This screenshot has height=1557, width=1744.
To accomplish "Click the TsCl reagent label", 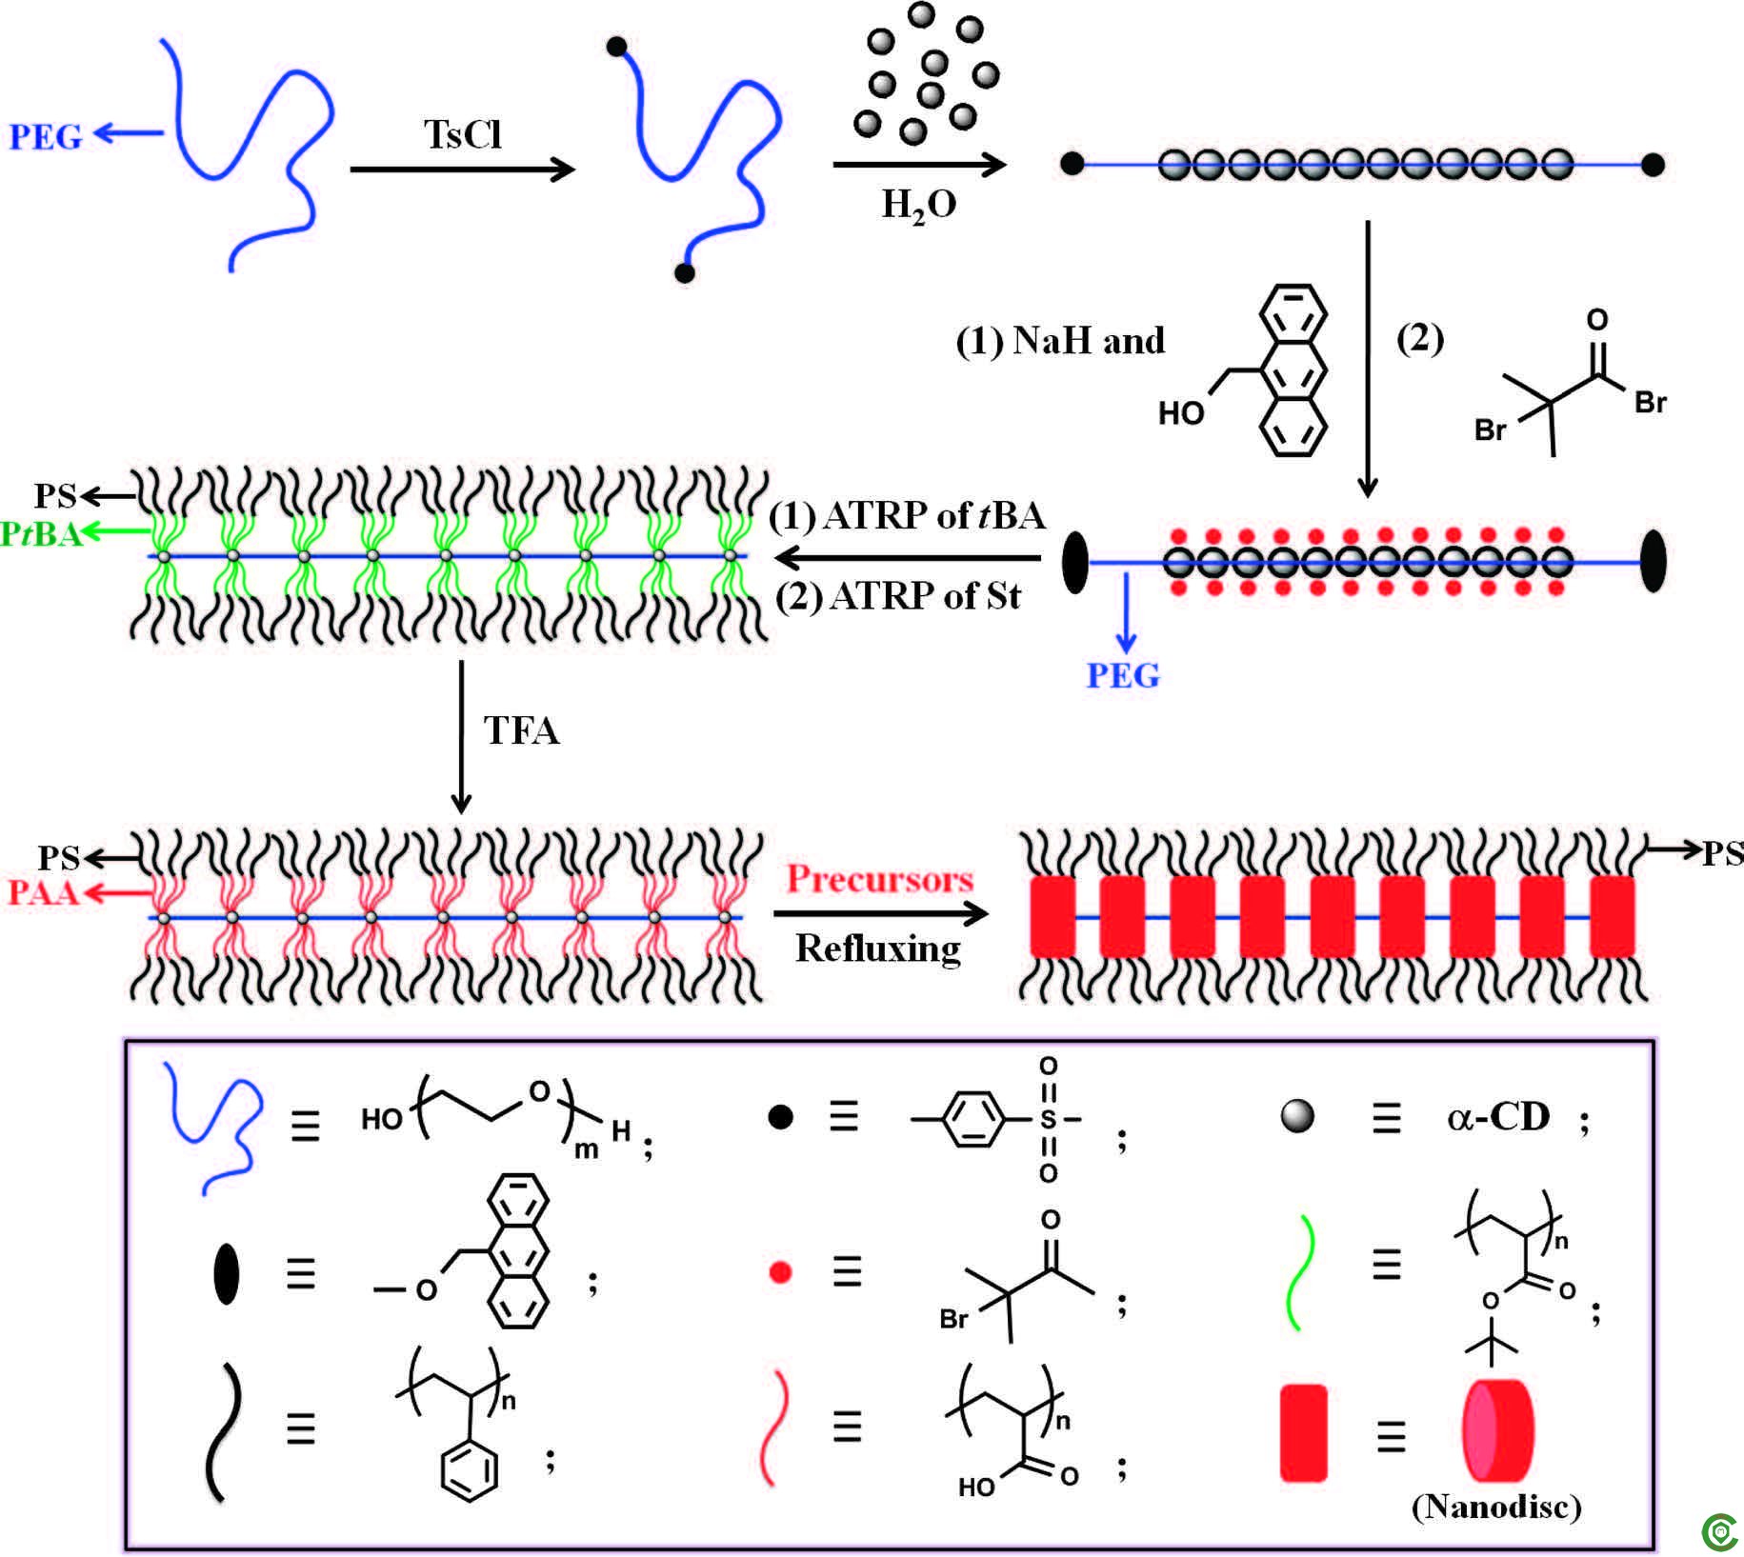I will pos(463,135).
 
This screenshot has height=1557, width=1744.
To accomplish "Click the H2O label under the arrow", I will pos(919,205).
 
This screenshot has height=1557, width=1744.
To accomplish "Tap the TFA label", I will pos(521,731).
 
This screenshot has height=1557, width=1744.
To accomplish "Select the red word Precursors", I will pos(879,878).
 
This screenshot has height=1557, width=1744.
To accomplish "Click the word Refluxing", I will pos(878,948).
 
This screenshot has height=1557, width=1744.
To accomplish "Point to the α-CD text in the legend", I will pos(1499,1116).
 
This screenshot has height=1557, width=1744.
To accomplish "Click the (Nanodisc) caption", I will pos(1496,1506).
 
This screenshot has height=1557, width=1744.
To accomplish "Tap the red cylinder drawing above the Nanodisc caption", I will pos(1498,1430).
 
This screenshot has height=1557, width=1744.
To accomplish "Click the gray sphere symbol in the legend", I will pos(1297,1116).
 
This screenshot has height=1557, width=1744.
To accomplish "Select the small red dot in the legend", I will pos(780,1272).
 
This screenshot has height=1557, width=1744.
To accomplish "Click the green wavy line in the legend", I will pos(1301,1271).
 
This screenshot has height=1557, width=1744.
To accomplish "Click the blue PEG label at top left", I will pos(46,136).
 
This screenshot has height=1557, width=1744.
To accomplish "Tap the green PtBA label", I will pos(41,534).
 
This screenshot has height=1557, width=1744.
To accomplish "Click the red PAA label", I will pos(42,892).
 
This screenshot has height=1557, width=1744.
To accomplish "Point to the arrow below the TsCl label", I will pos(463,170).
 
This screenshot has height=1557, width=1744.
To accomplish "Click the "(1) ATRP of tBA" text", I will pos(907,516).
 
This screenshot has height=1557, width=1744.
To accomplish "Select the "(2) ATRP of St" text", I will pos(898,597).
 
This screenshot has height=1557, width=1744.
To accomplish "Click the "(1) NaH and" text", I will pos(1060,341).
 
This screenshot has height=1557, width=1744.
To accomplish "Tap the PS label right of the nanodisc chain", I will pos(1722,853).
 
